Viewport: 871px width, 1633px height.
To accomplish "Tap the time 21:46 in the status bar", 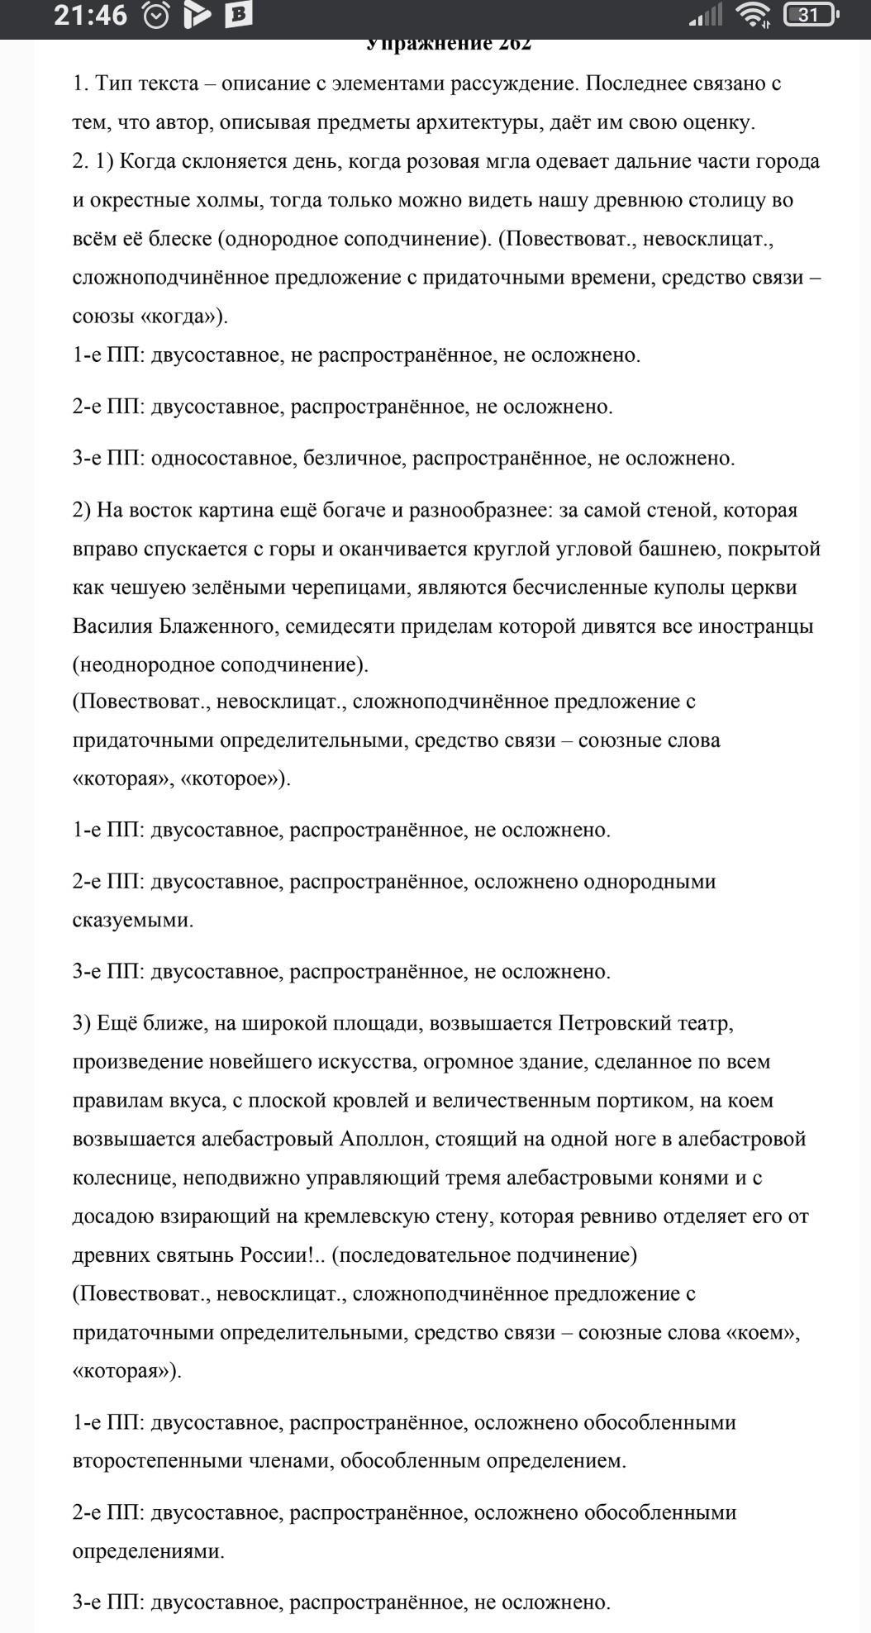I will coord(90,16).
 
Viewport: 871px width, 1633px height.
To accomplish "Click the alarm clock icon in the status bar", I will coord(155,16).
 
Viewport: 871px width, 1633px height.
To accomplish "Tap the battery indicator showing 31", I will coord(811,15).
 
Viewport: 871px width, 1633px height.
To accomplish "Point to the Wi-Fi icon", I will coord(754,15).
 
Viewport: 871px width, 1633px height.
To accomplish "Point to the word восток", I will coord(156,509).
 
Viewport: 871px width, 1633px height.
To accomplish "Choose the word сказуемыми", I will coord(132,919).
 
